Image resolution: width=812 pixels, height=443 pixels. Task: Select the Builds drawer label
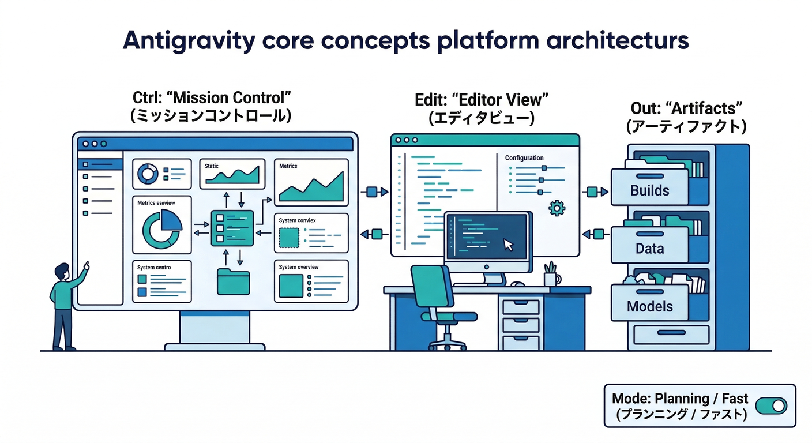pos(650,190)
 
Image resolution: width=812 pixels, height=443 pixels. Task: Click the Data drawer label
pos(649,249)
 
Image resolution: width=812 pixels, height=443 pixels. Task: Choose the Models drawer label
pos(650,306)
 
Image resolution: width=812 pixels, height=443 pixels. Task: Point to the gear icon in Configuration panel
pos(557,208)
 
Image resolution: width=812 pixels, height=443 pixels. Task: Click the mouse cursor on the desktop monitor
pos(508,245)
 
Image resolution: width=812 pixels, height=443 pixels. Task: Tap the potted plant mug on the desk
pos(550,276)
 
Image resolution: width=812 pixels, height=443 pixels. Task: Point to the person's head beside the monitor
pos(62,271)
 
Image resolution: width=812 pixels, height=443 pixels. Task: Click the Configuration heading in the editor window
pos(524,157)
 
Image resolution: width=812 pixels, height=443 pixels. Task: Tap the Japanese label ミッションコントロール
pos(210,116)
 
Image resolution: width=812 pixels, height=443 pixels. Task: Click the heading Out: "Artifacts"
pos(685,107)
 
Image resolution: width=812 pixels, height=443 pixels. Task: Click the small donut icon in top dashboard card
pos(148,172)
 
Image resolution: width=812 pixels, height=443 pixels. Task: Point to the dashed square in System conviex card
pos(289,238)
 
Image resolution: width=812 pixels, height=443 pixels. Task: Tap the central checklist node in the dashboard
pos(232,228)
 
